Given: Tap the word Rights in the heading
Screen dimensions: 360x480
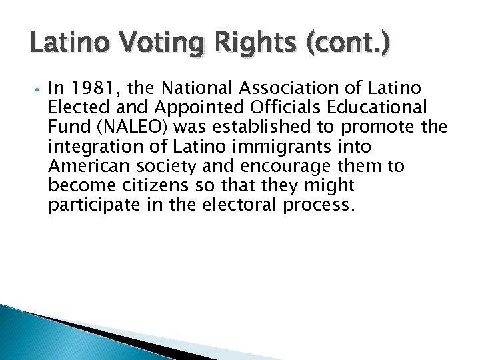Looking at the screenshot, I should click(216, 47).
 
